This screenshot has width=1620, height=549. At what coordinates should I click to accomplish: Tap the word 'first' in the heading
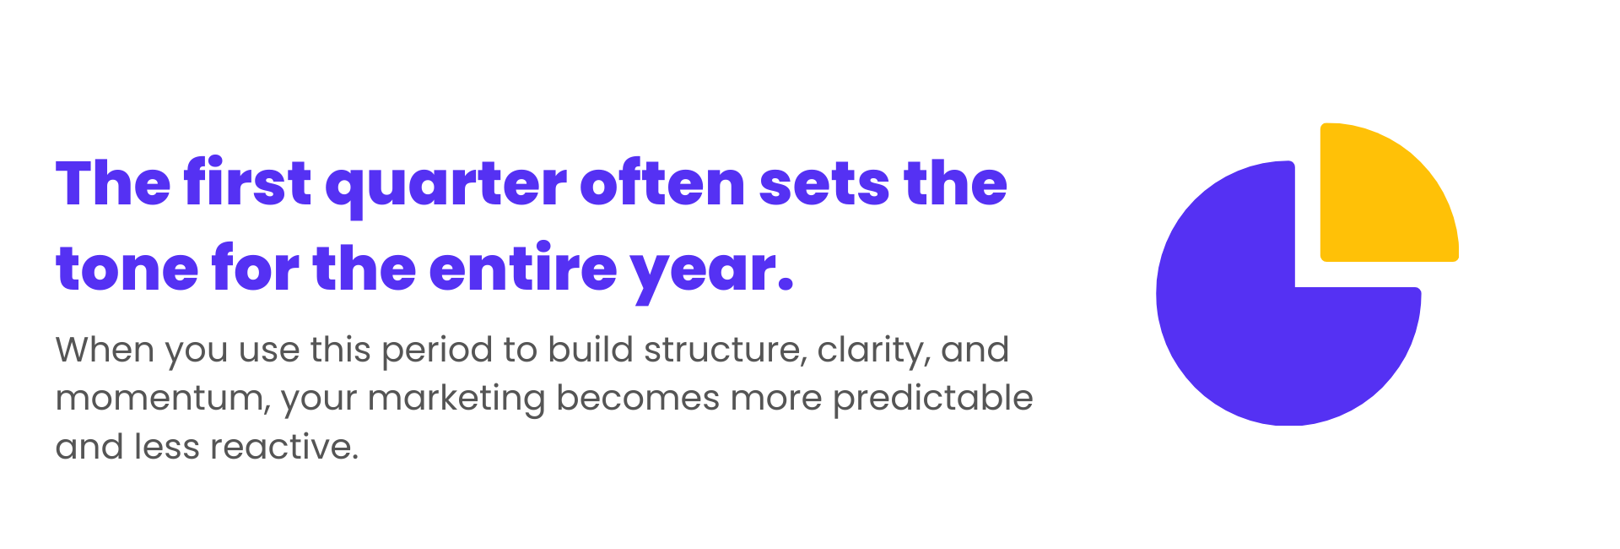[x=248, y=182]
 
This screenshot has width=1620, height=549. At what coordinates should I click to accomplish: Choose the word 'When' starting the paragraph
[x=105, y=350]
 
